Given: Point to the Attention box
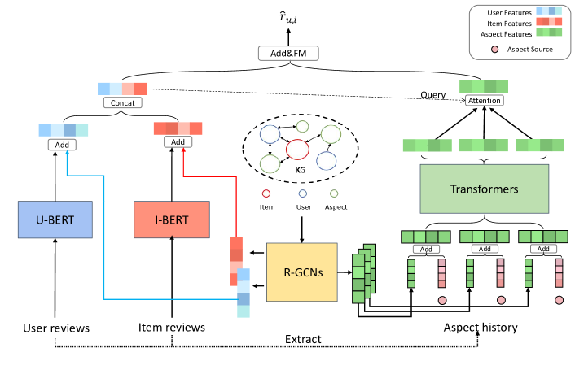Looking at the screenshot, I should [484, 101].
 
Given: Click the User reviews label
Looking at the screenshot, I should [53, 328].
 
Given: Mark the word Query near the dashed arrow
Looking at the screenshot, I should [432, 95].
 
